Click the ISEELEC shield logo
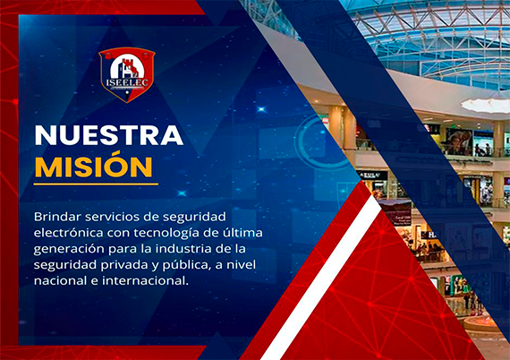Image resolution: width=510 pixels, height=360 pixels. (127, 75)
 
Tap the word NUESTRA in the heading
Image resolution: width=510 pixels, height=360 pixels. (109, 135)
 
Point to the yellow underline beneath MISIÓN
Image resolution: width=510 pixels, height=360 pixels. (96, 184)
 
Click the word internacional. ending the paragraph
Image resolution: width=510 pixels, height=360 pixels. (145, 280)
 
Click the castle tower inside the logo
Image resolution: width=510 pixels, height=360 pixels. (127, 67)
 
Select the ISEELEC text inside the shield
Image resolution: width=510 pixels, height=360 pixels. (127, 82)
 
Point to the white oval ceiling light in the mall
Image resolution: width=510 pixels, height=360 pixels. (486, 106)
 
